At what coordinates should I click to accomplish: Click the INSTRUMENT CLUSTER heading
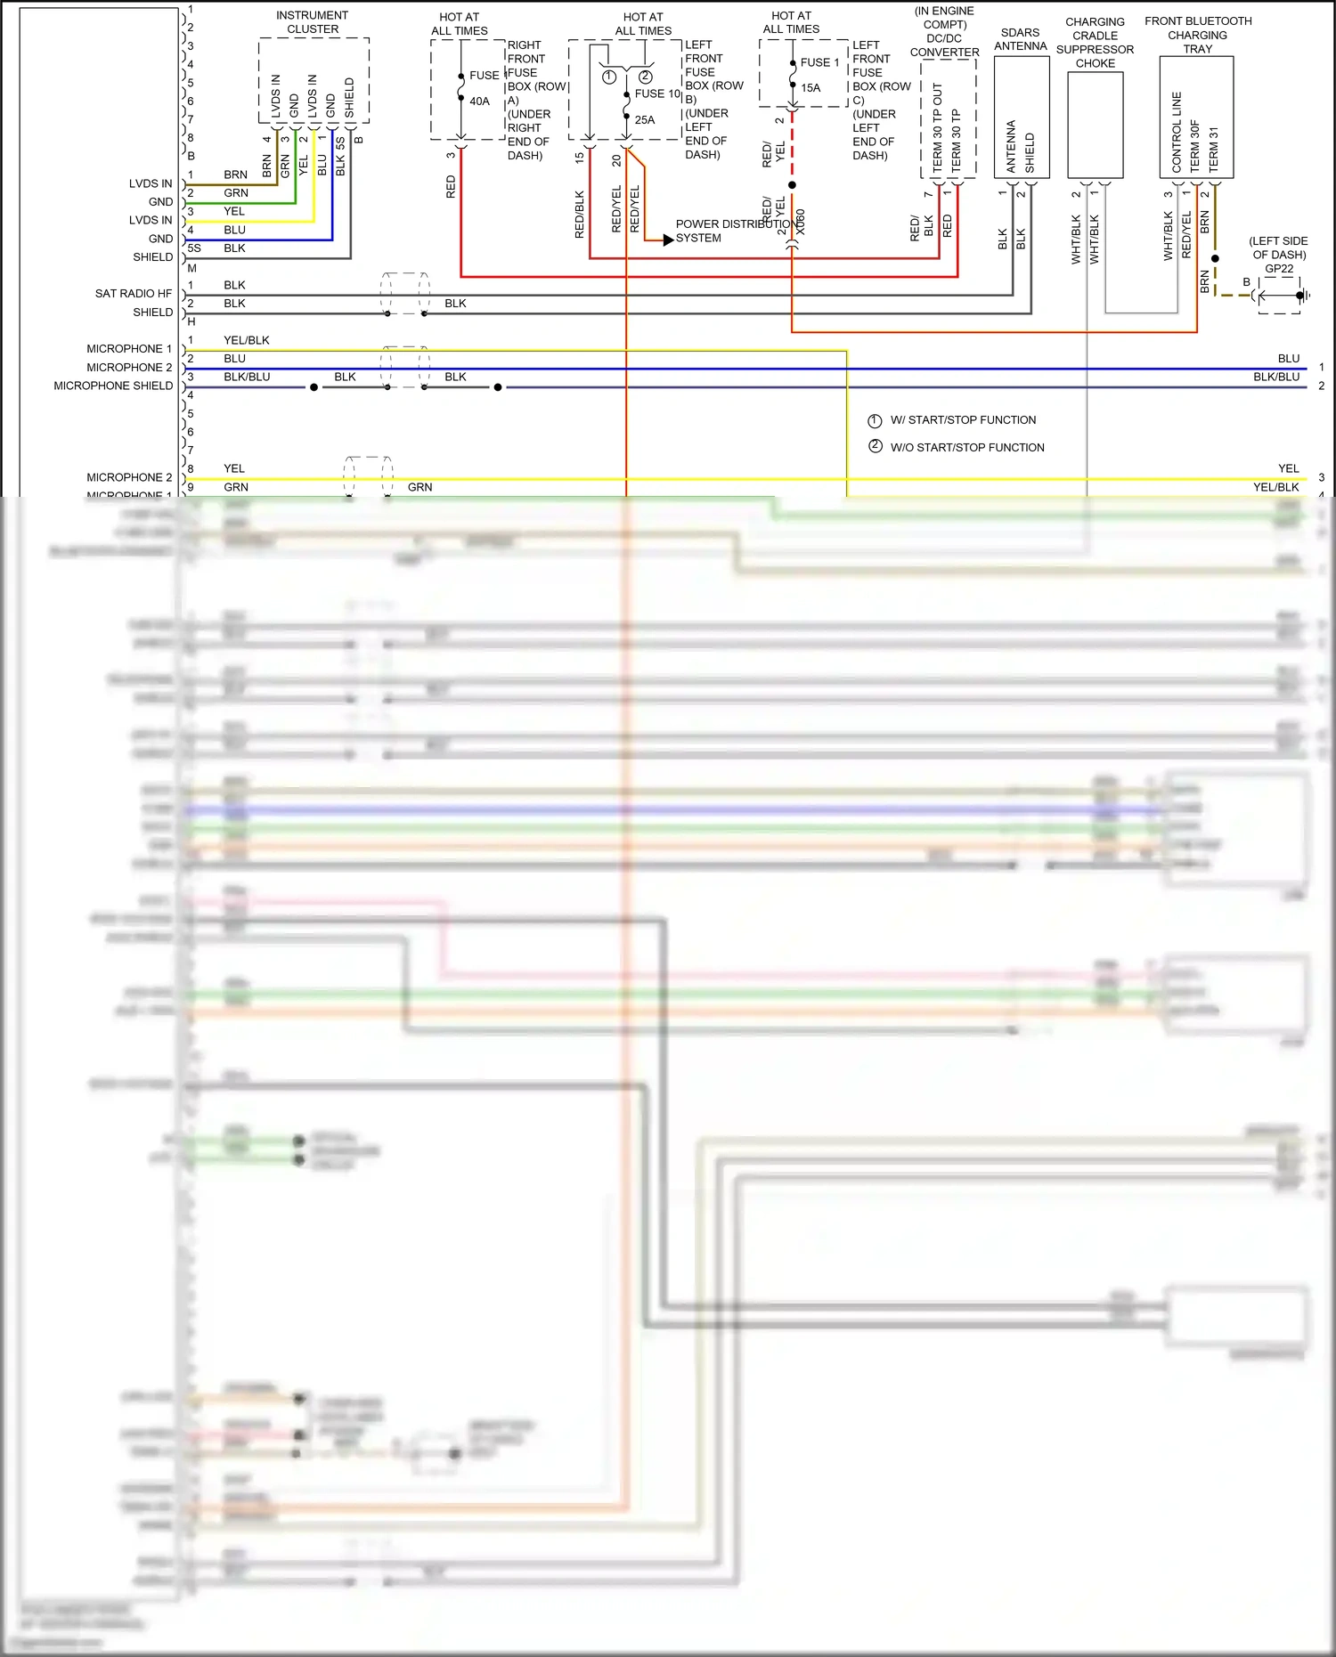coord(313,22)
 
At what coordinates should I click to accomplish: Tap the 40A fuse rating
coord(479,102)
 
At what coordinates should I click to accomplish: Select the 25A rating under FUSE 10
coord(645,119)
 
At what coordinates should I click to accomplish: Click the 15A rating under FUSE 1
coord(811,88)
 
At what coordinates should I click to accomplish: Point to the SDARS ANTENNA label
coord(1020,39)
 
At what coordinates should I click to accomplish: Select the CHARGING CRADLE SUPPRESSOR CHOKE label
coord(1095,43)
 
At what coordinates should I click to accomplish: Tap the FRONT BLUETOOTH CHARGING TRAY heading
coord(1198,35)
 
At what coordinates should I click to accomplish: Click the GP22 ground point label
coord(1279,269)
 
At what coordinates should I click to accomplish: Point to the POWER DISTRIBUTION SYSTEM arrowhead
coord(668,239)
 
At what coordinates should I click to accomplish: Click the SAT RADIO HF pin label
coord(134,294)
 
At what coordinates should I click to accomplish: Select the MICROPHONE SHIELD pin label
coord(113,386)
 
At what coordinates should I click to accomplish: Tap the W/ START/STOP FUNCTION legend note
coord(963,420)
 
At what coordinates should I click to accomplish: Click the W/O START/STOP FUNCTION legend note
coord(967,448)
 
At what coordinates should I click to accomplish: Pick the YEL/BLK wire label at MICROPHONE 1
coord(247,340)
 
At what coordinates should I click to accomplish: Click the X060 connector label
coord(801,223)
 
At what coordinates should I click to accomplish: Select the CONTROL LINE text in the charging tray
coord(1177,132)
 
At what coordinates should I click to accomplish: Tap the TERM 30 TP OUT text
coord(937,127)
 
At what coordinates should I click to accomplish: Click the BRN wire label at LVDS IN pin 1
coord(235,175)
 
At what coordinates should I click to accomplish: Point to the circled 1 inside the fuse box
coord(609,77)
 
